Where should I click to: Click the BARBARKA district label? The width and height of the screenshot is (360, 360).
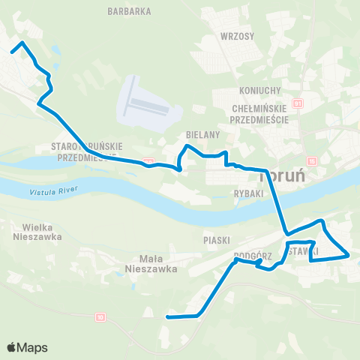(130, 11)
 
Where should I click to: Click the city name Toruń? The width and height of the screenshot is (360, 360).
(284, 177)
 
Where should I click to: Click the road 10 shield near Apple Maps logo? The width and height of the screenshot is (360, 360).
(100, 317)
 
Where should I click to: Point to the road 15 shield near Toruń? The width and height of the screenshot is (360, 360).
(312, 161)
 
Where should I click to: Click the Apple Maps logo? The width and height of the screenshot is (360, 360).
(27, 347)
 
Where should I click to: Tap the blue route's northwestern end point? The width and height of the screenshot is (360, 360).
(13, 51)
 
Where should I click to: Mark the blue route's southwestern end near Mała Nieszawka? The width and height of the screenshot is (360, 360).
(166, 317)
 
